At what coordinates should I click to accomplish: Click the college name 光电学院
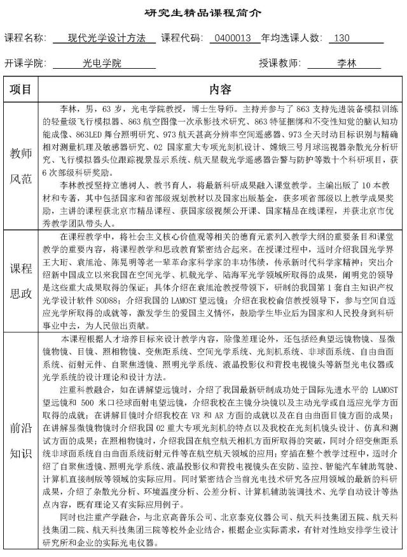(102, 64)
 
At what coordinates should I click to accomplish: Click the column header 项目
(21, 88)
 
